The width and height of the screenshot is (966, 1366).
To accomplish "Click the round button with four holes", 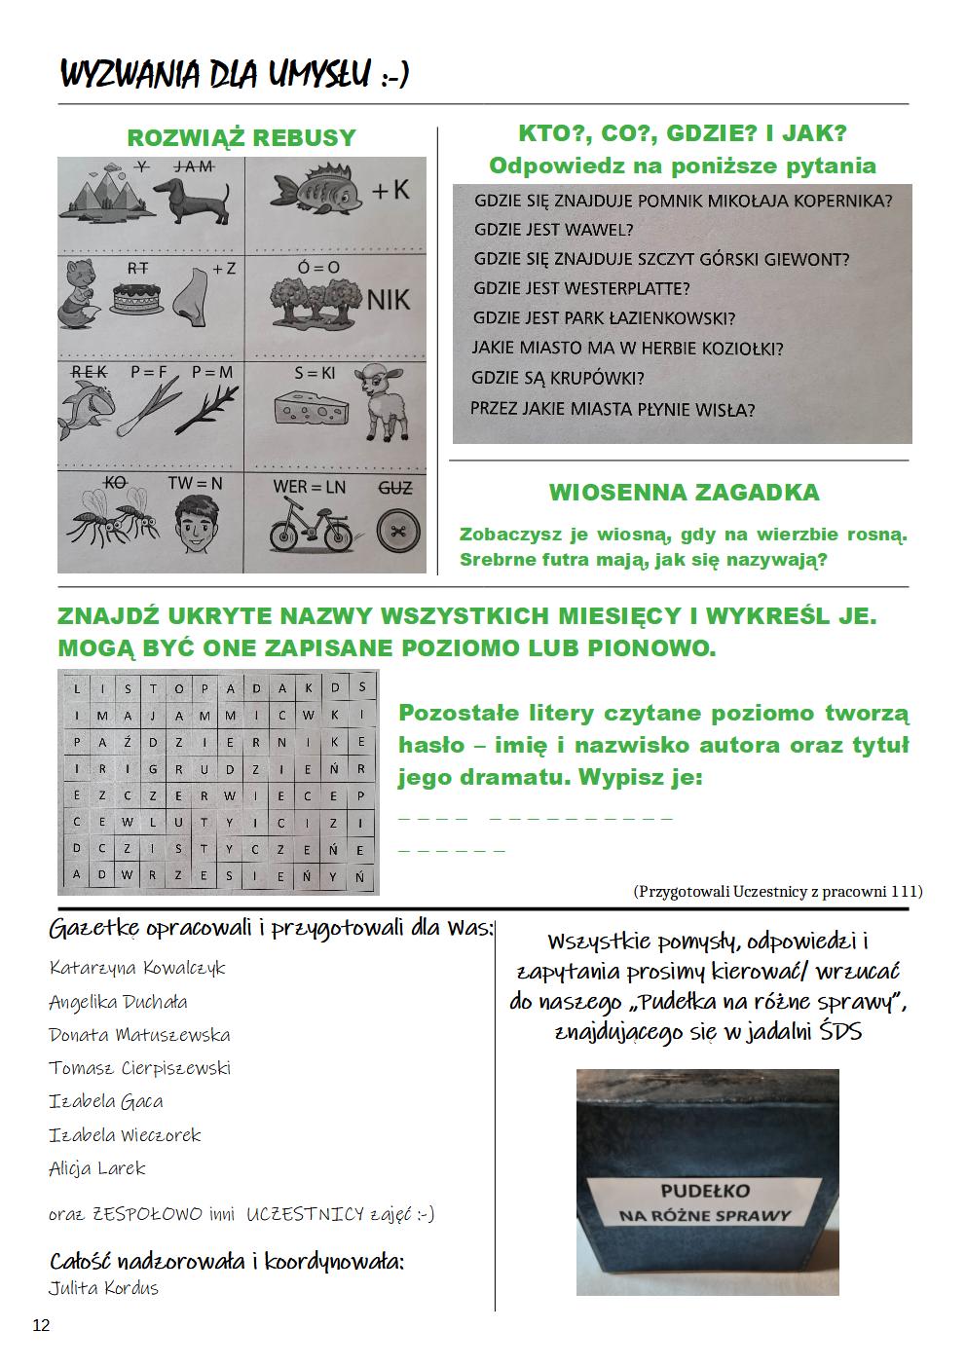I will [x=394, y=531].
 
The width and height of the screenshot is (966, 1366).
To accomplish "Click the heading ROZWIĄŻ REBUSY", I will [x=241, y=138].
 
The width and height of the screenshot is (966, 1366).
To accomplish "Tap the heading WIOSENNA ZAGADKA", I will [x=684, y=493].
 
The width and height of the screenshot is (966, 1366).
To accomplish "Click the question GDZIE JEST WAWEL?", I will [x=553, y=231].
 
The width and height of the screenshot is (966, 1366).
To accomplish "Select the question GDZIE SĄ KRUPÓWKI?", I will [x=558, y=379].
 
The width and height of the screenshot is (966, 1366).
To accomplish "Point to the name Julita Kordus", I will [x=103, y=1288].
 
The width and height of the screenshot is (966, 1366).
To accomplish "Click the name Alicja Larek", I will [x=97, y=1168].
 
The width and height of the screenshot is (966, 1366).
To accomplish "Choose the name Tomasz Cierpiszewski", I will [x=140, y=1068].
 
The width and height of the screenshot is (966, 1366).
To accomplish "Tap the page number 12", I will [x=41, y=1325].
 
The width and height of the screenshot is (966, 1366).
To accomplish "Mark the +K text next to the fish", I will [x=390, y=190].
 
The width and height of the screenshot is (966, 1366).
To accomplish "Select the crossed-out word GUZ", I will [x=394, y=487].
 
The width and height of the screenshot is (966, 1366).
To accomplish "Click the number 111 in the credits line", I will [x=904, y=891].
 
